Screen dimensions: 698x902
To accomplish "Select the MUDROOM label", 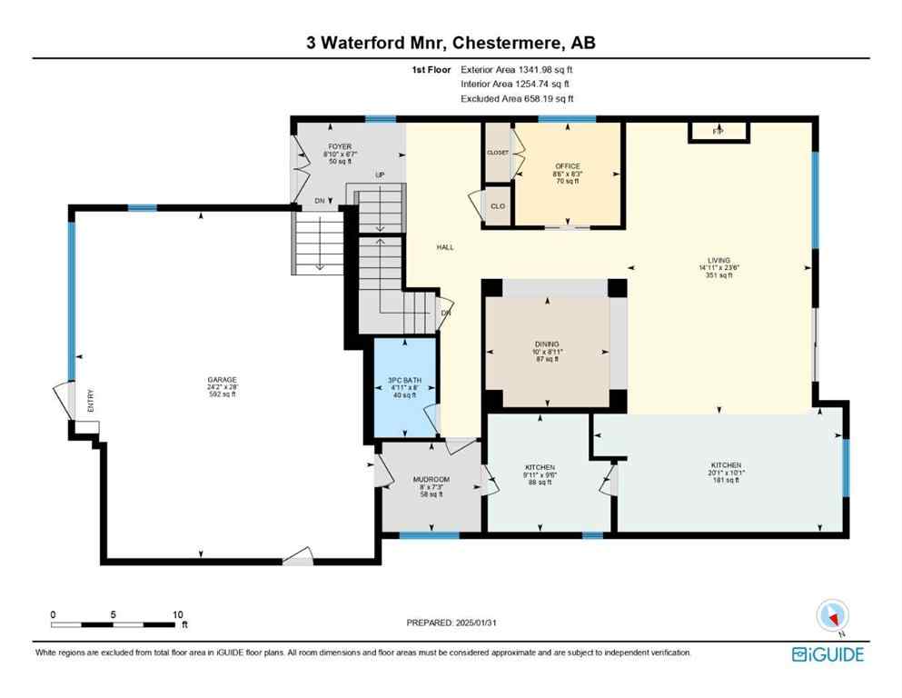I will tap(431, 479).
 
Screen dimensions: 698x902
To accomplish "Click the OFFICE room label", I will tap(568, 166).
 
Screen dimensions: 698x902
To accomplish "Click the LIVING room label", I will tap(719, 260).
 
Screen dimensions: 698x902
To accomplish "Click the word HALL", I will tap(444, 247).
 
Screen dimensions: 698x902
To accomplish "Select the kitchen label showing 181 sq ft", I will tap(726, 464).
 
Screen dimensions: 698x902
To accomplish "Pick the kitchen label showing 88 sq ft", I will tap(540, 467).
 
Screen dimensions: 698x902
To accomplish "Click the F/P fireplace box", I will tap(718, 133).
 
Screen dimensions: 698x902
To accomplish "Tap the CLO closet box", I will tap(498, 205).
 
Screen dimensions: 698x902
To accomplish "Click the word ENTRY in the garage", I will tap(90, 403).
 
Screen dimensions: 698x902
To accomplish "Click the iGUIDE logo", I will tap(828, 654).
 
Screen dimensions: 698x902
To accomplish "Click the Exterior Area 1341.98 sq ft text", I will tap(517, 69).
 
